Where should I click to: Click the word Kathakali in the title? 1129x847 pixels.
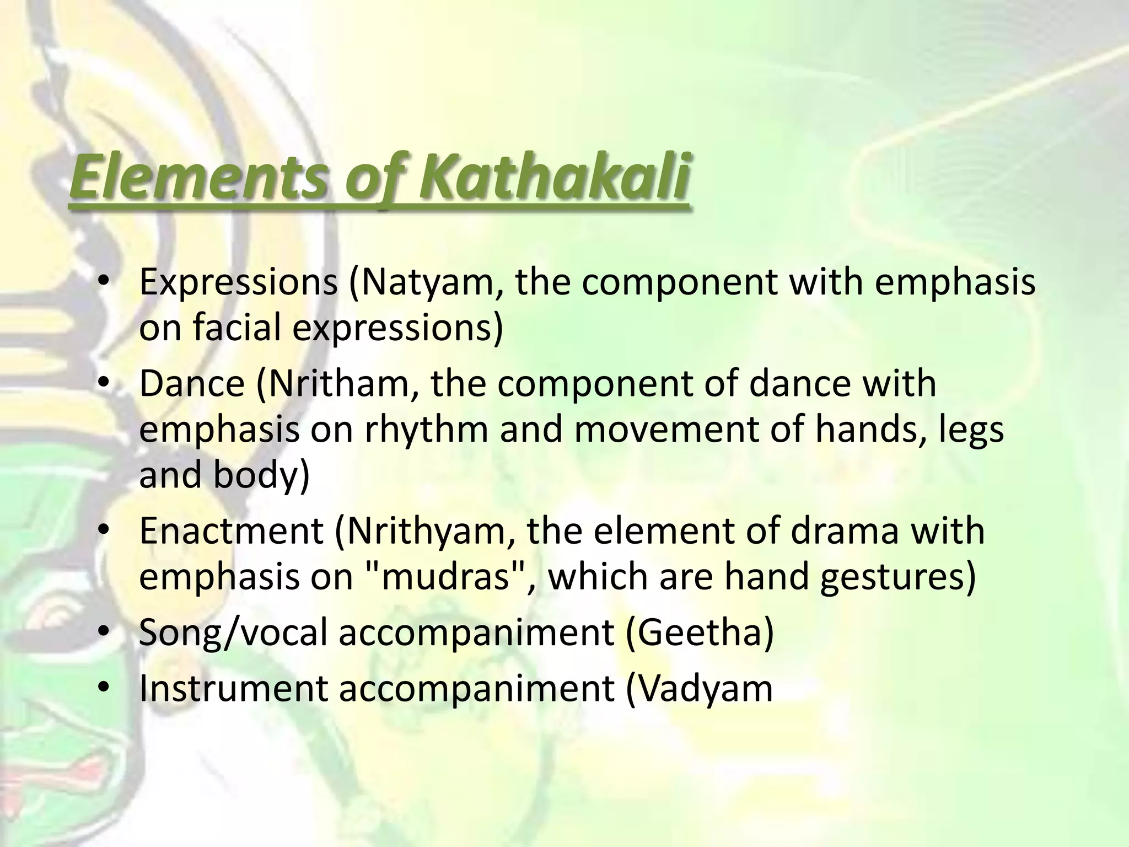click(x=553, y=178)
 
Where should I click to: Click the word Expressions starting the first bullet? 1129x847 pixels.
click(x=238, y=282)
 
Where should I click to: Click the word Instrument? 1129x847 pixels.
click(x=234, y=688)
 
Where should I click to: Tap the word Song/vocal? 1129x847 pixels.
click(x=233, y=632)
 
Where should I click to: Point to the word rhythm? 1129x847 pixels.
click(x=426, y=430)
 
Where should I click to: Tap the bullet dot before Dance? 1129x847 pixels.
click(x=103, y=384)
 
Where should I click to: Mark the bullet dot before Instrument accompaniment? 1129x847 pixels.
click(x=103, y=689)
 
